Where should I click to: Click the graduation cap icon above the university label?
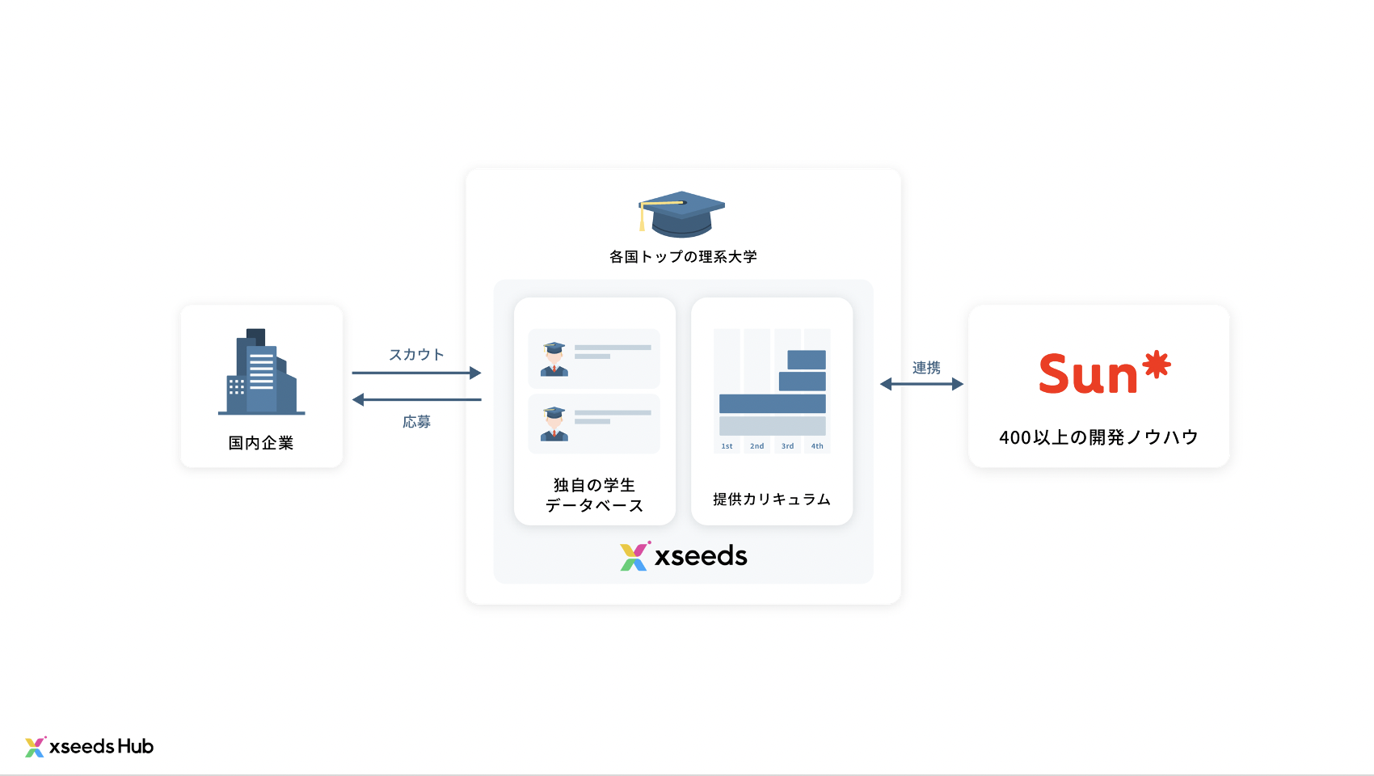(x=681, y=214)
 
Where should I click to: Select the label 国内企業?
(x=261, y=443)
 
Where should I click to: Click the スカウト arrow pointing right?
(x=416, y=373)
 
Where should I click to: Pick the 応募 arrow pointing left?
(x=416, y=399)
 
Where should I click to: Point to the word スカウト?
(x=416, y=355)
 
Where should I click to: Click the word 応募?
(x=416, y=422)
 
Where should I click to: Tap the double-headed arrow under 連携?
(x=921, y=384)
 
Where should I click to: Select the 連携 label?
(x=926, y=368)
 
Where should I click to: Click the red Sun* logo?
(x=1104, y=373)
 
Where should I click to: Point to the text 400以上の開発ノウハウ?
(x=1098, y=437)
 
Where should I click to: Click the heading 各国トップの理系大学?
(x=683, y=257)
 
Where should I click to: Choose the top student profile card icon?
(x=554, y=359)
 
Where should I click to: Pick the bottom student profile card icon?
(x=554, y=424)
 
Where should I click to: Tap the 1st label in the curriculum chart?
(x=727, y=446)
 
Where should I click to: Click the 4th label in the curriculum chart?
(x=817, y=446)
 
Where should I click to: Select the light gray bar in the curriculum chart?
(x=772, y=426)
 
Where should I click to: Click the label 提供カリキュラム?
(x=772, y=500)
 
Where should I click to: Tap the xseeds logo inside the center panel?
(x=684, y=556)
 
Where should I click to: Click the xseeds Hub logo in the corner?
(x=90, y=747)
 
